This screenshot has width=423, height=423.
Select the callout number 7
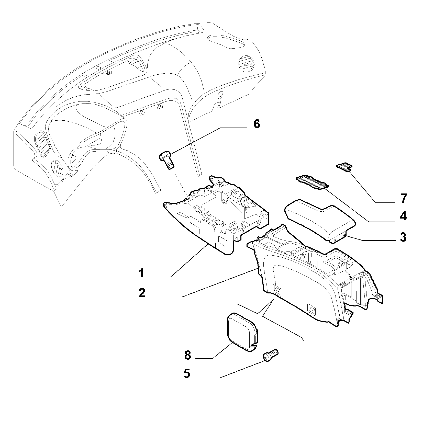[x=403, y=198]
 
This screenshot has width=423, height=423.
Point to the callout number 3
[x=403, y=237]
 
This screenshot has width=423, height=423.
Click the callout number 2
[x=142, y=293]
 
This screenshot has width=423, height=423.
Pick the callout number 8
[x=187, y=355]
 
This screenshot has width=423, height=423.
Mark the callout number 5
[x=187, y=374]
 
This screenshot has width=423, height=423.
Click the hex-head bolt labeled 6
[x=166, y=159]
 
